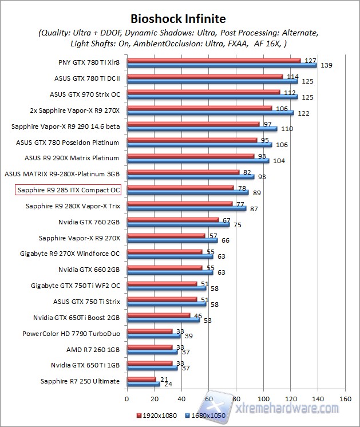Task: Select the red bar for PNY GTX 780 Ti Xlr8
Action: (213, 60)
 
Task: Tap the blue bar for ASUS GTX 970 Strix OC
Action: (212, 97)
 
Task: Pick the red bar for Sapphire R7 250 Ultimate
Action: (141, 379)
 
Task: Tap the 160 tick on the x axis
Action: (345, 399)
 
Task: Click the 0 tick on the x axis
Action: (127, 399)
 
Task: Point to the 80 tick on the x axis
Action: (236, 399)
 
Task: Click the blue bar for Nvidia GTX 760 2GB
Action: (178, 224)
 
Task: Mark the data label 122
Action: (303, 113)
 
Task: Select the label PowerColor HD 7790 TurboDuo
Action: (71, 333)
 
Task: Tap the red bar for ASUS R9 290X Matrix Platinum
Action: (190, 156)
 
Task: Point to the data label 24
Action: (169, 385)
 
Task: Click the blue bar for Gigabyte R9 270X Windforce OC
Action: (170, 256)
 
